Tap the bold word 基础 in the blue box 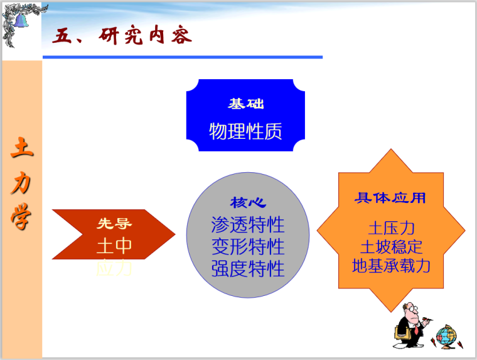click(245, 103)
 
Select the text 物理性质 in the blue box click(245, 131)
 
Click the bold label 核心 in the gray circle click(248, 203)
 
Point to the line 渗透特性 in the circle click(248, 224)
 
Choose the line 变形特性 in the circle click(248, 246)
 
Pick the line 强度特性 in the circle click(248, 268)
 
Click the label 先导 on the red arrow click(114, 223)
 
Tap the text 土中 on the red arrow click(114, 246)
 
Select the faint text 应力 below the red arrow click(114, 269)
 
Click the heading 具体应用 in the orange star click(390, 199)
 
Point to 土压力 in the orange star click(391, 227)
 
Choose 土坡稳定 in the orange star click(391, 246)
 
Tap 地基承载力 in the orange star click(391, 265)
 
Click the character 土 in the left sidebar click(22, 149)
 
